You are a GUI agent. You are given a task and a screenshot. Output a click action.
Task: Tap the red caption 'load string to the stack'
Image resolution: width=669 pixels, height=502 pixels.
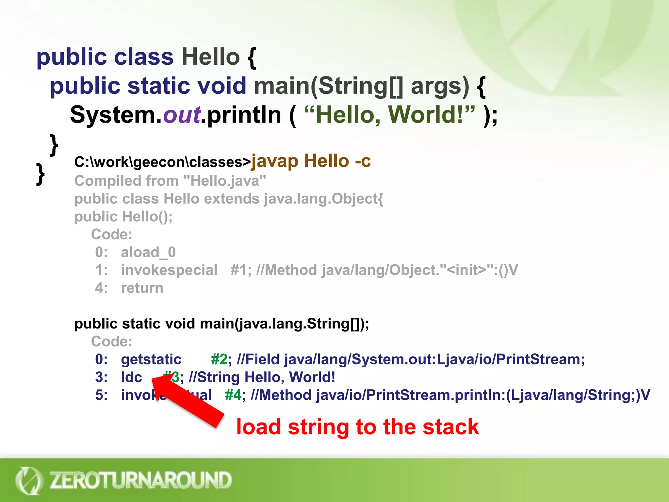click(x=357, y=427)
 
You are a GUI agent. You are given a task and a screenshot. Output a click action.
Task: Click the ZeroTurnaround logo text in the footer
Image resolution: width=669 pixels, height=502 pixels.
click(x=140, y=480)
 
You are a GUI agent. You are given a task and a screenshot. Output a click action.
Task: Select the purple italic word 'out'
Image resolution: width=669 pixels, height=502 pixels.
click(x=182, y=115)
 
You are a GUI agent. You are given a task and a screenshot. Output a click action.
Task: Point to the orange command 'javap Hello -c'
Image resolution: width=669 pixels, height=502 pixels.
click(x=311, y=161)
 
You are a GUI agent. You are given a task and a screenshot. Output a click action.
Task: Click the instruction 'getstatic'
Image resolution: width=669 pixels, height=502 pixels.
click(x=151, y=360)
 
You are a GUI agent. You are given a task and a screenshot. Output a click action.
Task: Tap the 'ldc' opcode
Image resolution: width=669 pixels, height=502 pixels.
click(x=131, y=377)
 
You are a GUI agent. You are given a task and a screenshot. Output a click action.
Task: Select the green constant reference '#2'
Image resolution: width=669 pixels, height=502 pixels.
click(x=219, y=360)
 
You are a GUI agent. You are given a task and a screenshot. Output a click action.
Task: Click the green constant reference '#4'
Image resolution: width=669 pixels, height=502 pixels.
click(x=233, y=395)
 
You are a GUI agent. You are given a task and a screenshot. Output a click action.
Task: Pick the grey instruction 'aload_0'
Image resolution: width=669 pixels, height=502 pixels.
click(x=148, y=252)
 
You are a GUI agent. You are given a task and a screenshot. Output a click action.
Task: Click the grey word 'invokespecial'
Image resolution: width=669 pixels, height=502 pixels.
click(x=169, y=270)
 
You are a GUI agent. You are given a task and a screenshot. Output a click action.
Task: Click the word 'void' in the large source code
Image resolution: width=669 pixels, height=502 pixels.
click(x=221, y=86)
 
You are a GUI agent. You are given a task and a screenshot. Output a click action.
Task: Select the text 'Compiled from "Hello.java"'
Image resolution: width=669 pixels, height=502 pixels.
click(x=170, y=181)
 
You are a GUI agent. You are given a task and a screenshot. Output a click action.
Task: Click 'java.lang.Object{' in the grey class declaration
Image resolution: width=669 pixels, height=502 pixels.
click(x=323, y=199)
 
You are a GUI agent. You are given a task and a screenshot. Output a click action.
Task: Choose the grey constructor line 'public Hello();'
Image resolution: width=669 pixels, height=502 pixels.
click(x=123, y=217)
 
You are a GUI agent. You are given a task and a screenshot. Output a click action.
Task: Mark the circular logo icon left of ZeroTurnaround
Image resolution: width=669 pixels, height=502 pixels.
click(x=29, y=480)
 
